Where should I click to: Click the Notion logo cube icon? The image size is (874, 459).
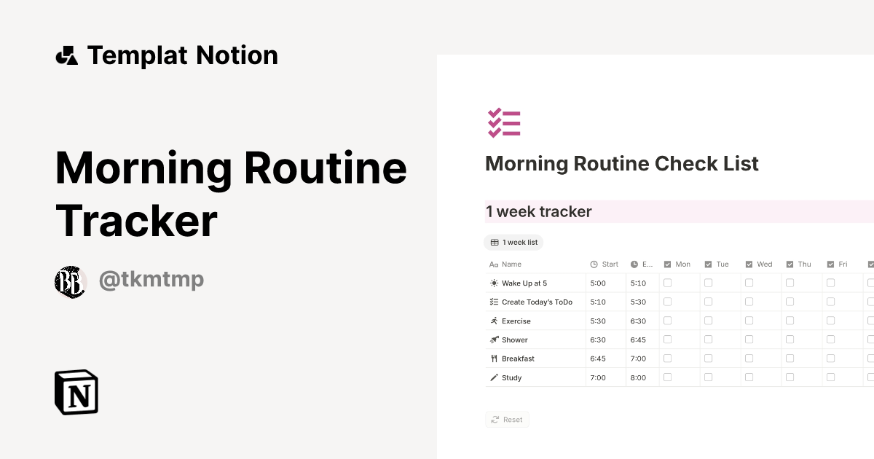pos(76,392)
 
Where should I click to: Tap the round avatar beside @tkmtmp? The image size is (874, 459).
pos(71,281)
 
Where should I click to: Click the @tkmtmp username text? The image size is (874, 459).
pos(151,280)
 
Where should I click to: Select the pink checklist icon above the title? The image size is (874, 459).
pos(504,123)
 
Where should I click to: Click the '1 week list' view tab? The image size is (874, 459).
pos(514,243)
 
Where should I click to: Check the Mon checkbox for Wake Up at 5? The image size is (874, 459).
pos(667,283)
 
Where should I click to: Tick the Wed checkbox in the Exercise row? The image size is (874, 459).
pos(749,321)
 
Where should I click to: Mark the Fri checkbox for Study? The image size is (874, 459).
pos(830,377)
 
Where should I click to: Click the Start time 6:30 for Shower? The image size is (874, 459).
pos(597,340)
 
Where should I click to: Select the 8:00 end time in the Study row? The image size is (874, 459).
pos(638,378)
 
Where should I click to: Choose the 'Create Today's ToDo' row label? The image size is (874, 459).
pos(537,302)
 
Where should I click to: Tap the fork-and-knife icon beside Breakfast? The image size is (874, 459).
pos(495,358)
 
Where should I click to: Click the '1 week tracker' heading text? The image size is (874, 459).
pos(539,212)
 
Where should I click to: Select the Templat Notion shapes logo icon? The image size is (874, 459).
pos(66,55)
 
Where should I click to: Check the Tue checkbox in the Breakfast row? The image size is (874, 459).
pos(708,358)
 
